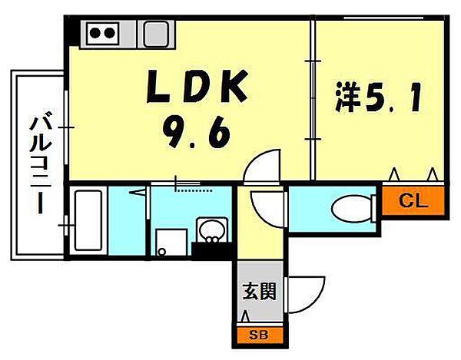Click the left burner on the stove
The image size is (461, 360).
pos(95,33)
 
